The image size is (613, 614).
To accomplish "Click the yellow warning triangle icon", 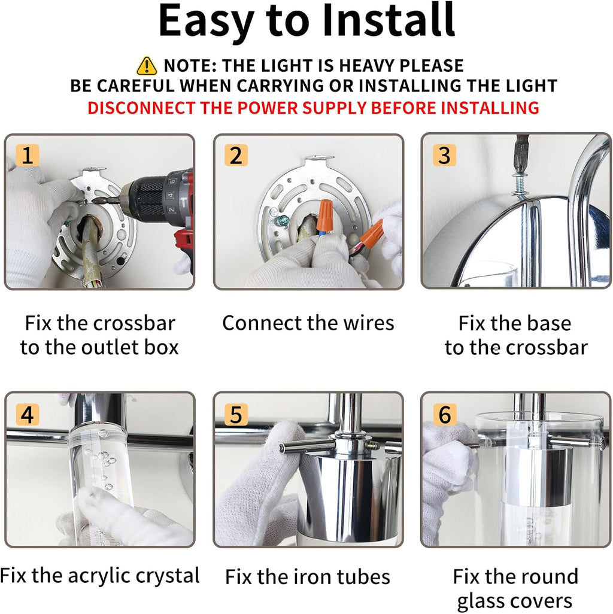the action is click(147, 66).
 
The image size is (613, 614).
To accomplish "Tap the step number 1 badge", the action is click(28, 155).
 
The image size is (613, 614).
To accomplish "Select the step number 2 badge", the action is click(236, 155).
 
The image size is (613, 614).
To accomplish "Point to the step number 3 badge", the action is click(444, 155).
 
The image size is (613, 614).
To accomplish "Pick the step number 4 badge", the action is click(28, 414).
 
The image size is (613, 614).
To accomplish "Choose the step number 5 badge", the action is click(236, 414).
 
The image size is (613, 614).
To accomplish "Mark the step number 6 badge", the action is click(445, 414).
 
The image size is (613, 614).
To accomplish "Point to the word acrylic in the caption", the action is click(99, 576).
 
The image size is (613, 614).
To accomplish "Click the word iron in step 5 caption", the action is click(310, 577).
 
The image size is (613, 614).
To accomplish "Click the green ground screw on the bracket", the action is click(281, 221).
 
